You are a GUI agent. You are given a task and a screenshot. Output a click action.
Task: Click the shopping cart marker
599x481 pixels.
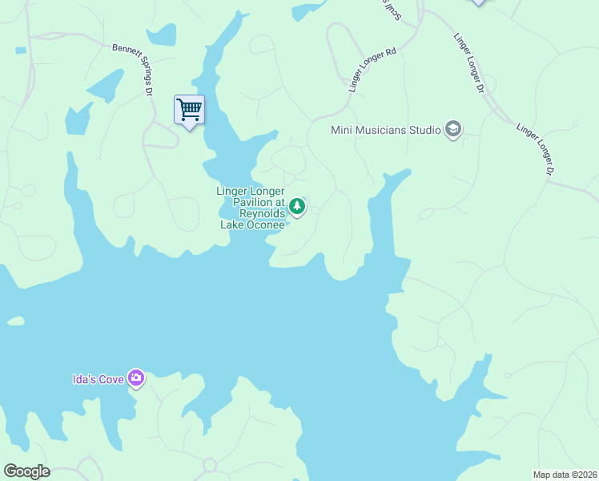[x=189, y=109]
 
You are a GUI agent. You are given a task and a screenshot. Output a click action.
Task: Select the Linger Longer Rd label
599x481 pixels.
[x=373, y=69]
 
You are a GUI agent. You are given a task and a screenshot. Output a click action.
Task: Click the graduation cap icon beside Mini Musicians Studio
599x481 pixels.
[x=453, y=129]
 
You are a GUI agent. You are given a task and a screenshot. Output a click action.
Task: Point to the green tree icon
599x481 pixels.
[x=297, y=207]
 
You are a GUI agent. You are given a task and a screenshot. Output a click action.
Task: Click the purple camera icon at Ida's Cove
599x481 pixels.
[x=136, y=378]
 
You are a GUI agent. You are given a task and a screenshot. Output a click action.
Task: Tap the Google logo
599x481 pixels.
[x=26, y=471]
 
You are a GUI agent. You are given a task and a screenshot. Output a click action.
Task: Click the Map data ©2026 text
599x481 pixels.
[x=565, y=475]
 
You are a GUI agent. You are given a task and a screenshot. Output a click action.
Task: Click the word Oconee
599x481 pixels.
[x=265, y=224]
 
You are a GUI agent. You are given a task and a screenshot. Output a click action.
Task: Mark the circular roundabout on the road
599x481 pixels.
[x=211, y=465]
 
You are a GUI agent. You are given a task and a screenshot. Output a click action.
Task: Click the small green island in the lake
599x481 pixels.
[x=14, y=321]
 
